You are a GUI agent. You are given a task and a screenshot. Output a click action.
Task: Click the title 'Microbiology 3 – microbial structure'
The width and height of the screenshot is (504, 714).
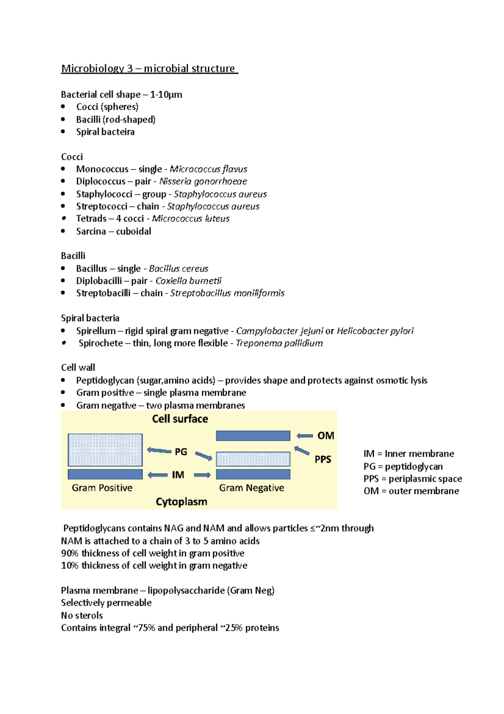149,69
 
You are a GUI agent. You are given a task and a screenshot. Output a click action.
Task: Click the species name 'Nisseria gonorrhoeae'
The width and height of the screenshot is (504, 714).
203,181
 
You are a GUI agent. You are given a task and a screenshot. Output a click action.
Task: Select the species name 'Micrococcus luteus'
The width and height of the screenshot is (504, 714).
191,219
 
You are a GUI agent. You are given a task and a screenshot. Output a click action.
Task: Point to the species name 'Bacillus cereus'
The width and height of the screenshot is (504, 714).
178,269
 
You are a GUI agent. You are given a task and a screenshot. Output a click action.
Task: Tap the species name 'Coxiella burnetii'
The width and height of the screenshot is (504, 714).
188,281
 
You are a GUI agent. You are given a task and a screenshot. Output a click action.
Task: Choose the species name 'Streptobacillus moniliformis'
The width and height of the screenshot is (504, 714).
227,293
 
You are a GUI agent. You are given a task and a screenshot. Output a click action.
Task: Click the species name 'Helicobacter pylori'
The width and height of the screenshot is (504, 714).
375,331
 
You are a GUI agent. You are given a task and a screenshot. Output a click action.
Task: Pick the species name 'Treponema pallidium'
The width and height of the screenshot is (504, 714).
279,343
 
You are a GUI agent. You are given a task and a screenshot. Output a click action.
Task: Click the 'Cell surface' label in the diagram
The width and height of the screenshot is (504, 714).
180,419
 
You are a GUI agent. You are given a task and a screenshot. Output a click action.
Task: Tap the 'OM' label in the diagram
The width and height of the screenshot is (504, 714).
325,436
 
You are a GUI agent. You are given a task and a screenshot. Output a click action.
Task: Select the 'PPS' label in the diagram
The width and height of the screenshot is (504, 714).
323,459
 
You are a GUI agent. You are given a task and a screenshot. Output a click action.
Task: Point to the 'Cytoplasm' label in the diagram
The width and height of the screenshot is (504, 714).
181,502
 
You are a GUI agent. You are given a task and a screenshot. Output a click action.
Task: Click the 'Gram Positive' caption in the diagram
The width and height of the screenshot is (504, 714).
102,488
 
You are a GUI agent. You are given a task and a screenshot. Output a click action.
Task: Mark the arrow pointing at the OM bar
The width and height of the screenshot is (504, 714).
304,436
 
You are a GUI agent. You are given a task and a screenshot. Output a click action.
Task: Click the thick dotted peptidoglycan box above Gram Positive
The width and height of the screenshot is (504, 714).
105,450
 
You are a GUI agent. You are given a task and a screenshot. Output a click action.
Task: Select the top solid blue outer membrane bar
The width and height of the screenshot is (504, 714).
253,436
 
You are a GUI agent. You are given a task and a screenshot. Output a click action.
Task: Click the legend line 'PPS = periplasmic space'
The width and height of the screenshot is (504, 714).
412,479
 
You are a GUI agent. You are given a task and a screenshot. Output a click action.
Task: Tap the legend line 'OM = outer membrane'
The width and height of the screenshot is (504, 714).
411,491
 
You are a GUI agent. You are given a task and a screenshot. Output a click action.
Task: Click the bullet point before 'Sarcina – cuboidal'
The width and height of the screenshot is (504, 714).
63,231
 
